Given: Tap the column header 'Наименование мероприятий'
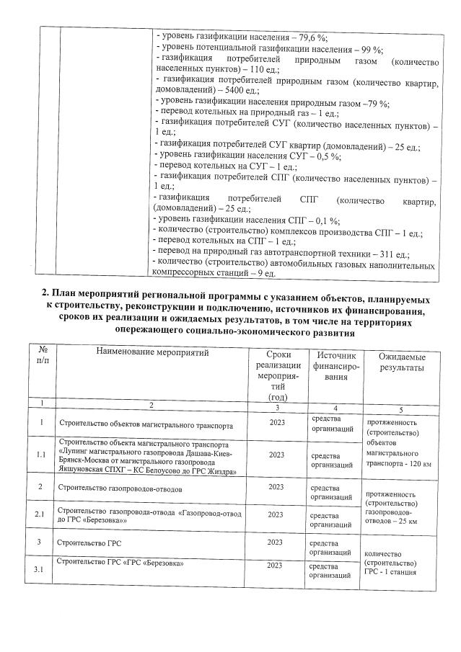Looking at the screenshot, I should (151, 352).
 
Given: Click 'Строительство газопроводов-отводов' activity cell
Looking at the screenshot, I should (120, 488).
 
